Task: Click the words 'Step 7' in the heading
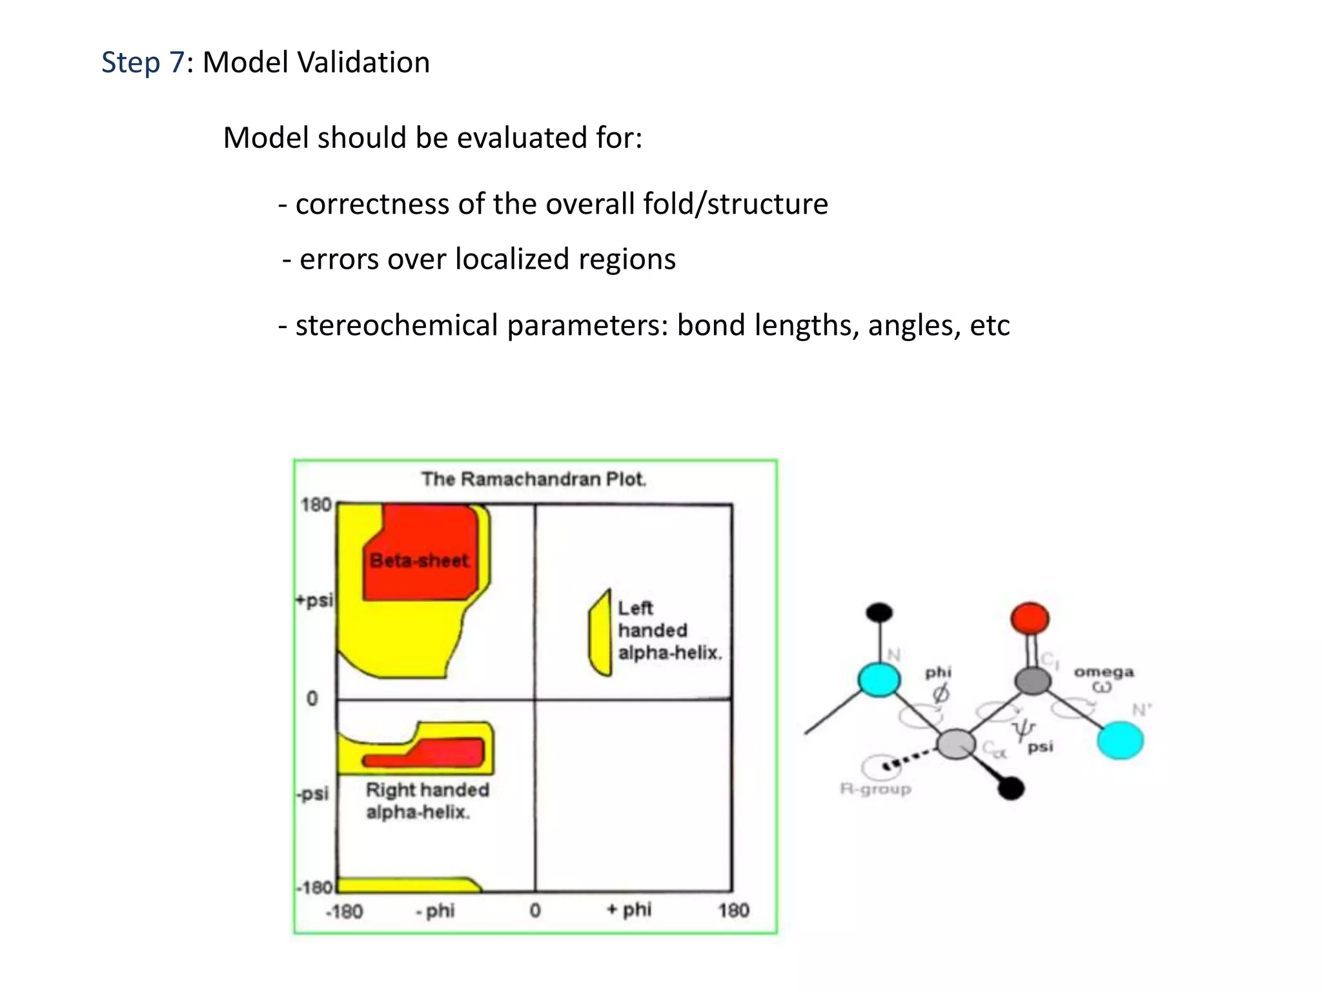[143, 63]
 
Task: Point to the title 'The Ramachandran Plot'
[534, 479]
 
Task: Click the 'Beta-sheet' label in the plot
[419, 560]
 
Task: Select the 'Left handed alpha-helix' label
[669, 630]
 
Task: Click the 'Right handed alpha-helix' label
[427, 800]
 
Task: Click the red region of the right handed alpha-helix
[445, 753]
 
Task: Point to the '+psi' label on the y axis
[314, 600]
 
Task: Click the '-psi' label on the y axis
[314, 793]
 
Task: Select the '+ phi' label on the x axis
[629, 910]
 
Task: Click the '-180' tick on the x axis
[345, 911]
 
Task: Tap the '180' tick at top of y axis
[316, 504]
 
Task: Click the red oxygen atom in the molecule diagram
[1030, 619]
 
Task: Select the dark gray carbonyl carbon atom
[1032, 680]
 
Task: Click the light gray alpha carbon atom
[956, 744]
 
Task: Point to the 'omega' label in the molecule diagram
[1103, 672]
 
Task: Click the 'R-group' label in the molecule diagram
[875, 789]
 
